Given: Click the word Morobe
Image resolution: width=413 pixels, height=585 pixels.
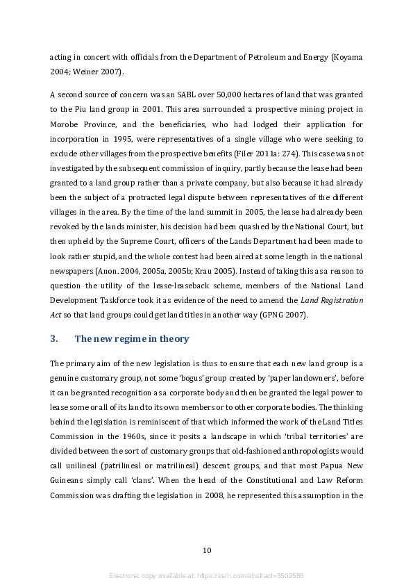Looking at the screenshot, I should click(67, 125).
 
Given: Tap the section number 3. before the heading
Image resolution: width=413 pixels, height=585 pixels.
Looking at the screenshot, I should click(54, 338).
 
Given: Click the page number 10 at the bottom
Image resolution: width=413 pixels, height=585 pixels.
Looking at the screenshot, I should click(206, 551).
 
